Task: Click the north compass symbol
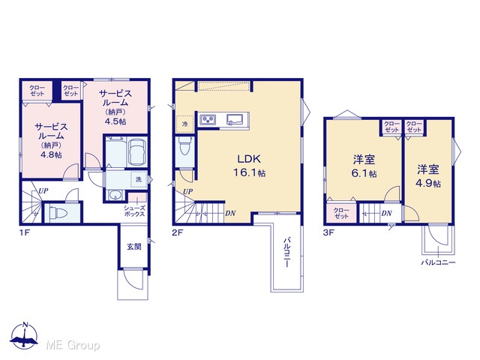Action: coord(24,336)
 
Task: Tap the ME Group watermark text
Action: coord(73,346)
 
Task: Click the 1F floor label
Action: coord(24,233)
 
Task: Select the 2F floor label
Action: coord(177,233)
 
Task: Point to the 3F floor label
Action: coord(328,233)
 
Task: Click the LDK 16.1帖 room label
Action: coord(249,166)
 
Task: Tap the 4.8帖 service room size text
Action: coord(51,154)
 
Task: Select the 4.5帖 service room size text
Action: coord(115,121)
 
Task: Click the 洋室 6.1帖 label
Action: coord(364,166)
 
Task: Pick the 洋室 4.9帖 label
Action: coord(428,176)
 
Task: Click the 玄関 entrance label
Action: coord(134,247)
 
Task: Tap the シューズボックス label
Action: coord(134,211)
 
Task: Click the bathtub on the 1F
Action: coord(136,152)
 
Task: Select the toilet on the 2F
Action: coord(185,147)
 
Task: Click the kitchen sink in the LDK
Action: coord(235,119)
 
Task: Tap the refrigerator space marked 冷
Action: coord(184,124)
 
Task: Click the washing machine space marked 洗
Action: coord(139,180)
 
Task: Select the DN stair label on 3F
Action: coord(387,213)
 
